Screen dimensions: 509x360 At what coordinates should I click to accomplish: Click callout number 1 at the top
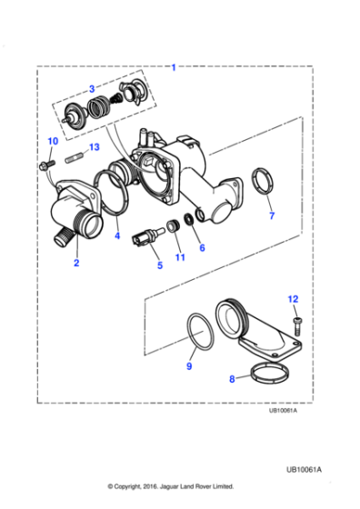click(x=174, y=66)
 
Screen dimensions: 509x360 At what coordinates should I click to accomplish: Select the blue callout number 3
click(x=91, y=88)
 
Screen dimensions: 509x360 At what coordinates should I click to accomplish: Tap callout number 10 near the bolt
click(x=52, y=141)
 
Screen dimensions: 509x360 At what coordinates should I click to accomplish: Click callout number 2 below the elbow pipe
click(x=76, y=263)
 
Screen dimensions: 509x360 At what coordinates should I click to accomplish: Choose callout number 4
click(x=116, y=236)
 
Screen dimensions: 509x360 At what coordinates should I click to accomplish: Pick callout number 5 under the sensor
click(x=160, y=265)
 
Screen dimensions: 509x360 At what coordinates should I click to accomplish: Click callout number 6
click(x=202, y=246)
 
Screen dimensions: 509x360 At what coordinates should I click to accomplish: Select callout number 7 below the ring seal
click(x=270, y=217)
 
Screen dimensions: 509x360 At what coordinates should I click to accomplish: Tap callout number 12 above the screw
click(x=292, y=298)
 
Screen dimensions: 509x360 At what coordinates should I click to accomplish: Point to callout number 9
click(x=189, y=366)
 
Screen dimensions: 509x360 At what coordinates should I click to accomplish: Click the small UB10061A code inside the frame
click(x=287, y=410)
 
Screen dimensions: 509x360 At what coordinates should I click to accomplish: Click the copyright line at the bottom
click(x=170, y=485)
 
